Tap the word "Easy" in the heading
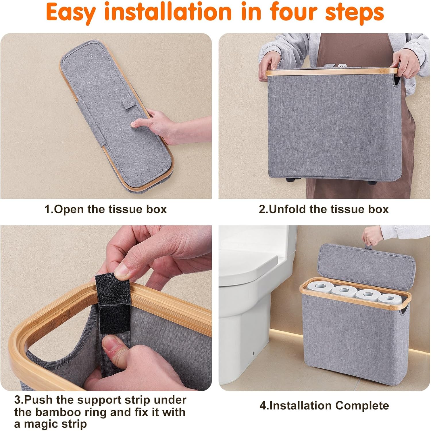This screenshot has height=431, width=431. click(x=71, y=12)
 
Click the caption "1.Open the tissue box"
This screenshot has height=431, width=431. click(x=105, y=209)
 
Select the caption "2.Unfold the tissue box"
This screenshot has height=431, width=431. click(x=324, y=209)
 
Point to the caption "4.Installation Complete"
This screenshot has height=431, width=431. click(x=324, y=405)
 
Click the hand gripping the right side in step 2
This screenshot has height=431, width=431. click(x=402, y=68)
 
